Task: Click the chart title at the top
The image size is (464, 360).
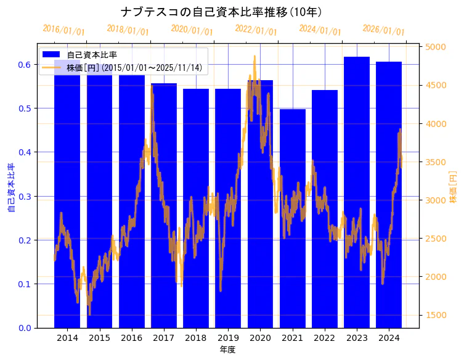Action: pos(221,12)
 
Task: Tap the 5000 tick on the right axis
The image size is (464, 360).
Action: pos(435,47)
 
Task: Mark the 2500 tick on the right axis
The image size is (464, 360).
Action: pos(435,239)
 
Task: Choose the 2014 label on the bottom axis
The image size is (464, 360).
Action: pos(67,338)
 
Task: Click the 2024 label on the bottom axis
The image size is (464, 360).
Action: pos(389,338)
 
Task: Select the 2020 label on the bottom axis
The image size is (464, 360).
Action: pos(260,338)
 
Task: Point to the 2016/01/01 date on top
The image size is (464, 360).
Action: pos(63,30)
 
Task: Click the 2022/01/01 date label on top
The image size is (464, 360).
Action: pos(256,30)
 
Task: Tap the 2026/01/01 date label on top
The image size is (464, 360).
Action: pos(383,30)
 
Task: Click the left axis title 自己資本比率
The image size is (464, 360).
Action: pos(10,188)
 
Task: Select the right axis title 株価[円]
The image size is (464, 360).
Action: pos(454,188)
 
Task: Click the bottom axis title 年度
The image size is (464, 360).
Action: pos(227,350)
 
